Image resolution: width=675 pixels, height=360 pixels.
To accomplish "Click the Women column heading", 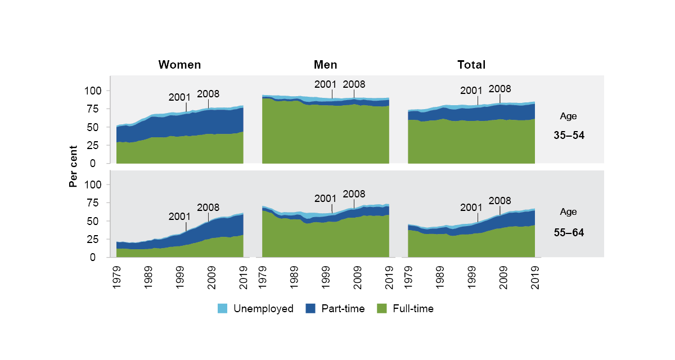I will coord(179,65).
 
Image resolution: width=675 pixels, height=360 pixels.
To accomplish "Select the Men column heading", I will coord(325,65).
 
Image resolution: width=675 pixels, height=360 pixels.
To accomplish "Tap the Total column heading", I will coord(471,65).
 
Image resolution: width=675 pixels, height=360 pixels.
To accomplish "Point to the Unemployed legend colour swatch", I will coord(222,308).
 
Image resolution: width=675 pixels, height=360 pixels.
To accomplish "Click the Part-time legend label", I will coord(343,308).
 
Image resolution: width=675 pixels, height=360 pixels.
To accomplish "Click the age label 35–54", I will coord(568,136).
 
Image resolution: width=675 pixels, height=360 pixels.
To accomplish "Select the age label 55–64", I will coord(568,231).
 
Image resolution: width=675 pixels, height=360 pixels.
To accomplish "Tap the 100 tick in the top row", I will coord(93,91).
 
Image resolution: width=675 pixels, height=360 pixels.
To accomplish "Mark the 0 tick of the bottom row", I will coord(98,258).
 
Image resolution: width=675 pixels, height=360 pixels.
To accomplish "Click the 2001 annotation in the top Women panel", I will coord(180,96).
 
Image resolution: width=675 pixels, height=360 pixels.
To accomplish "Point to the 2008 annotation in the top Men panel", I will coord(354,84).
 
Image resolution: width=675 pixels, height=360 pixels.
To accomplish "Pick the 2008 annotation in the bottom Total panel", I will coord(499,200).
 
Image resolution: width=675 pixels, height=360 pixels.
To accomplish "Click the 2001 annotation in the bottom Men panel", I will coord(325,198).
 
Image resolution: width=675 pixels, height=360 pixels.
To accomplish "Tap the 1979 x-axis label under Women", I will coord(117,277).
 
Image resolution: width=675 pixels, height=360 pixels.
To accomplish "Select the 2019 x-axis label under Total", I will coord(535,277).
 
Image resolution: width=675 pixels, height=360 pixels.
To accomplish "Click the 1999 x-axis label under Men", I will coord(326,277).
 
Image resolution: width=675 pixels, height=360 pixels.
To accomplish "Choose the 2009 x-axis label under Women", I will coord(211,277).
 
